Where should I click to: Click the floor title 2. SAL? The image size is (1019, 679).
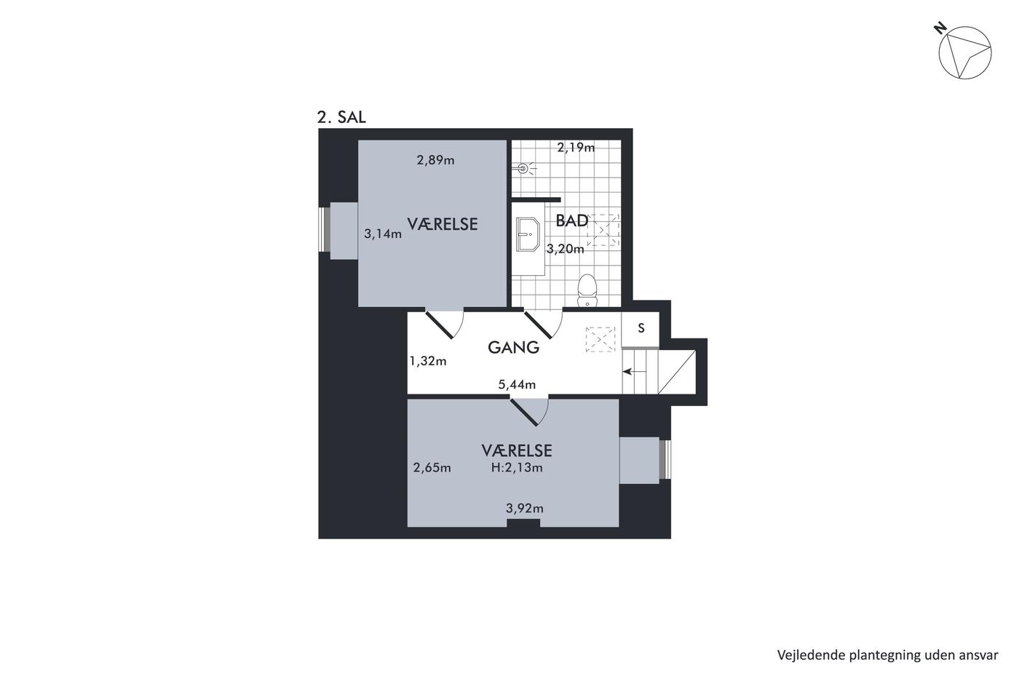(341, 117)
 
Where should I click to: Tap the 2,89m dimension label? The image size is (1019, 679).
(435, 160)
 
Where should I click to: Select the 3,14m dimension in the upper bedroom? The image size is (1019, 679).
(383, 234)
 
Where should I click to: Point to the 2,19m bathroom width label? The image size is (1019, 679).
(576, 147)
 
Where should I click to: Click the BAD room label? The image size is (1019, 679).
(572, 221)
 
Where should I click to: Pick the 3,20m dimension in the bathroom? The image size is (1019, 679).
(565, 249)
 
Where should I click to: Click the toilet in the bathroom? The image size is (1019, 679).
(587, 290)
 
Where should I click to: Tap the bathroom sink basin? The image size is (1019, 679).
(528, 234)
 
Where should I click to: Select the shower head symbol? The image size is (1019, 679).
(523, 169)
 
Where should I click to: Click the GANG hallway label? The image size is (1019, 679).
(514, 347)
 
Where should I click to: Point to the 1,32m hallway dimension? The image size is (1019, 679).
(428, 361)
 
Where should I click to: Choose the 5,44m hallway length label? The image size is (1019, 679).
(517, 385)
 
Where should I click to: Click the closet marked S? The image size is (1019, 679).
(641, 329)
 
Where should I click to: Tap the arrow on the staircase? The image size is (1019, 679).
(634, 372)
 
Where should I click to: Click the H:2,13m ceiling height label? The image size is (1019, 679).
(517, 467)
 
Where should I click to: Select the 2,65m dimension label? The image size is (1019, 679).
(432, 467)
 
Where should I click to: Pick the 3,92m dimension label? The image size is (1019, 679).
(525, 509)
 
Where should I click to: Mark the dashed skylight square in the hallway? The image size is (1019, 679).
(600, 339)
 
